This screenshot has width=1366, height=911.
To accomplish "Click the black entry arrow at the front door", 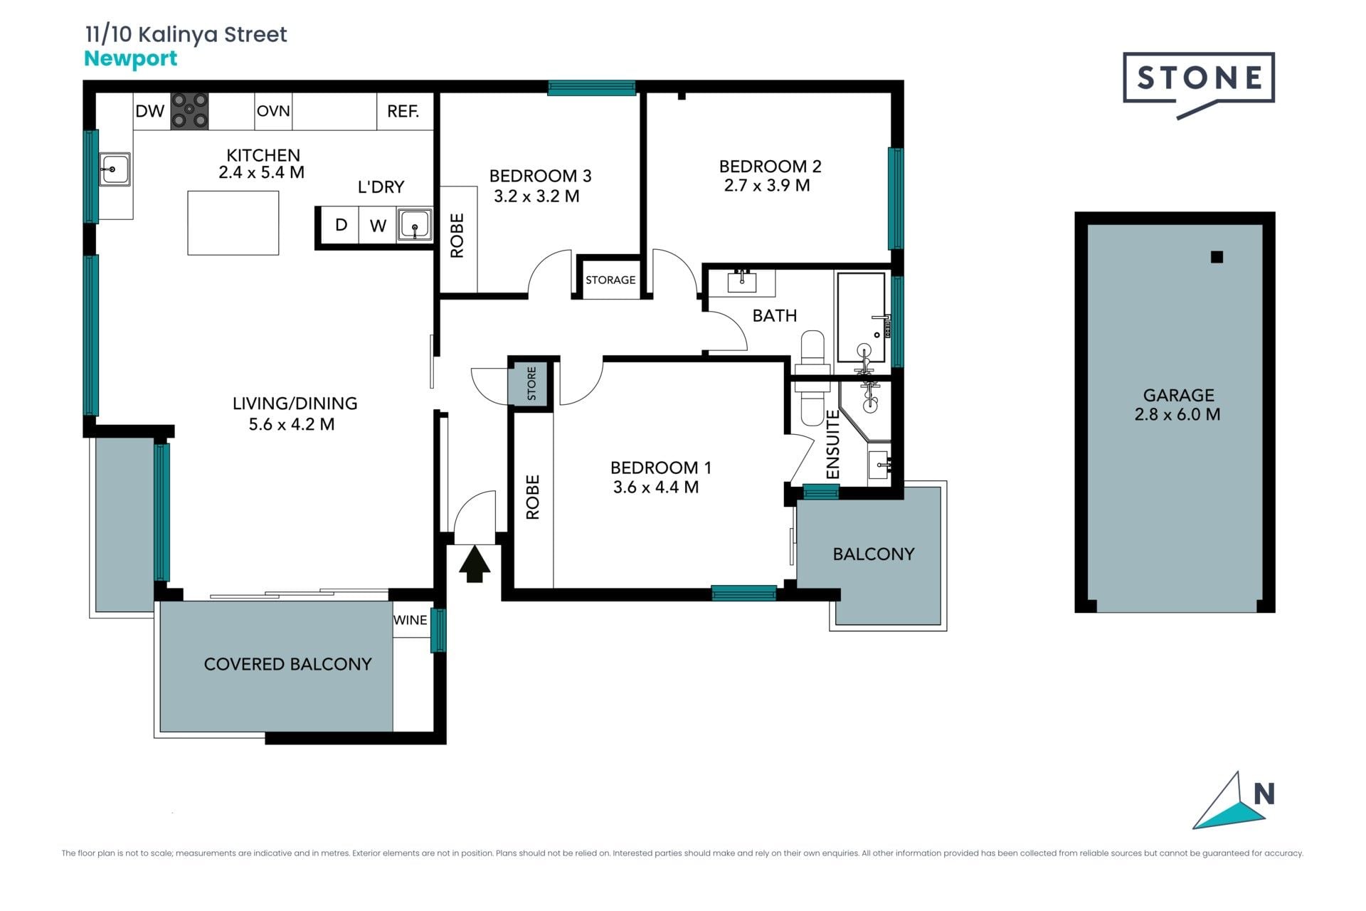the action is point(475,564).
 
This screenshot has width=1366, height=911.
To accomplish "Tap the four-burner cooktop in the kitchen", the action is point(189,111).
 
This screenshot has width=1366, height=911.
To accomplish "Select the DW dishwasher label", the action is point(150,111).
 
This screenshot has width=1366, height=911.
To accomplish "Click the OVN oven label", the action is point(273,111).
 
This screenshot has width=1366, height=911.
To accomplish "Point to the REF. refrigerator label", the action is point(403,111).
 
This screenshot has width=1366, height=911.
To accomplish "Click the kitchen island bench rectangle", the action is point(233,223).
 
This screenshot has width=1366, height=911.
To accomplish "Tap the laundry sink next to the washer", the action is point(415,226).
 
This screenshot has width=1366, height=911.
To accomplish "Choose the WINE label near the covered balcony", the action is point(411,620).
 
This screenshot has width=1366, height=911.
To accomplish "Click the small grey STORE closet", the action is point(531,384).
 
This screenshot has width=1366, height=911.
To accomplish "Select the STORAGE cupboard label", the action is point(610,280).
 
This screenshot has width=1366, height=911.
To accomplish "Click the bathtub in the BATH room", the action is point(861,318).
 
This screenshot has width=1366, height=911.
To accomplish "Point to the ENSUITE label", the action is point(833,445).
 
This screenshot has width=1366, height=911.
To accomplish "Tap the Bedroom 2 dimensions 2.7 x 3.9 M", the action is point(767,186).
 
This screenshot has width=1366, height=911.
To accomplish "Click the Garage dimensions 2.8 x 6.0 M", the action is point(1177,414).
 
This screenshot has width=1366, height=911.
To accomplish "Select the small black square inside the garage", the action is point(1217,257).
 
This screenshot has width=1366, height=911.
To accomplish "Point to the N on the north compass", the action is point(1264,794).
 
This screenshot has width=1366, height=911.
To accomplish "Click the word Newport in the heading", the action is point(131,59).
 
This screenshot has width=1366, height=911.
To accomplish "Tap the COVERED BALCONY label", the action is point(288,664).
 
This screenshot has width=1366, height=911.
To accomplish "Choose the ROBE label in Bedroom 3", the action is point(457,236).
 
